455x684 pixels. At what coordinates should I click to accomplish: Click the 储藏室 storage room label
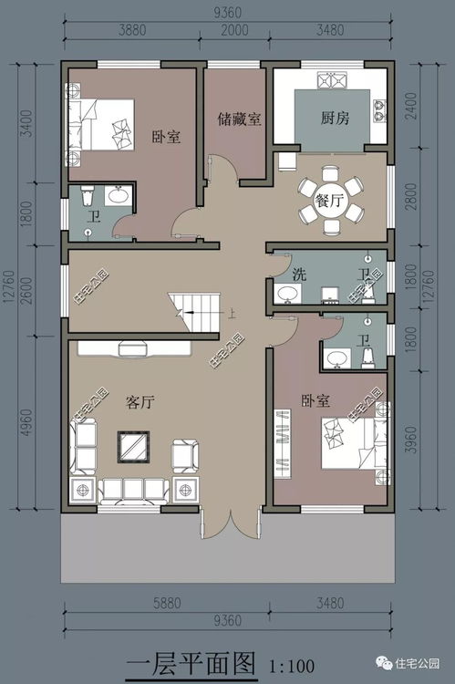coord(240,119)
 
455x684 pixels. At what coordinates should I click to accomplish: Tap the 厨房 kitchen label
coord(335,118)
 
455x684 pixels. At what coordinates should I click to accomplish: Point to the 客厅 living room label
coord(140,402)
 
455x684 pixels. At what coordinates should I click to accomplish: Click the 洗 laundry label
coord(299,275)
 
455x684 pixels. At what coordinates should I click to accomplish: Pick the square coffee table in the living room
coord(133,447)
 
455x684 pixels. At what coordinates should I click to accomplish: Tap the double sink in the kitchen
coord(333,80)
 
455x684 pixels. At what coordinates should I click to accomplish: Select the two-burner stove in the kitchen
coord(379,110)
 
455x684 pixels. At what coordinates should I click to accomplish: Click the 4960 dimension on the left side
coord(26,422)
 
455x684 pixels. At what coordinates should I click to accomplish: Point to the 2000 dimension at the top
coord(234,30)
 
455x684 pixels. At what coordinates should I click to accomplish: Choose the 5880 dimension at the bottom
coord(167,604)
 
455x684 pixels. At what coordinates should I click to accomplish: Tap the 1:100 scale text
coord(292,666)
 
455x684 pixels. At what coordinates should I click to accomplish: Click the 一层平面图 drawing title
coord(191,664)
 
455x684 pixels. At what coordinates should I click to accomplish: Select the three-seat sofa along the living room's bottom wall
coord(133,491)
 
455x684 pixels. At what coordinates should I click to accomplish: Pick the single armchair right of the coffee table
coord(185,456)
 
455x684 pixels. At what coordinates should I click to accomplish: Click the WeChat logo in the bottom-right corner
coord(384,664)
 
